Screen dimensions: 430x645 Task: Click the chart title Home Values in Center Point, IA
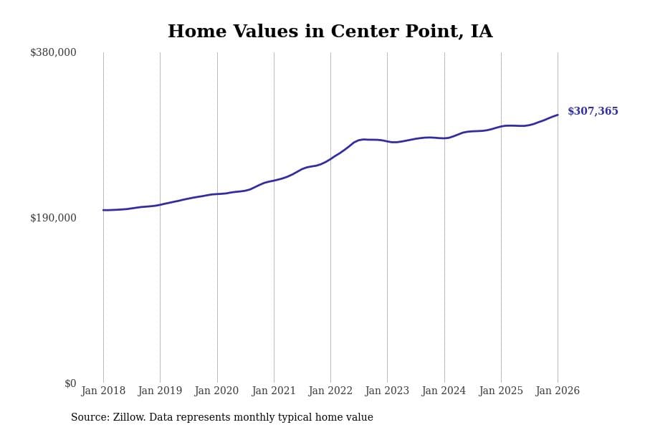330,32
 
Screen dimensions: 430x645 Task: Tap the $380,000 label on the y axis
53,52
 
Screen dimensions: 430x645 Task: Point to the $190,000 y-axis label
53,218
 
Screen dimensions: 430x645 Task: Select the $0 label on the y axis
70,383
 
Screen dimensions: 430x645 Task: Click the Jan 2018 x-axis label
103,391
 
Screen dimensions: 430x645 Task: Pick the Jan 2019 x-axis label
160,391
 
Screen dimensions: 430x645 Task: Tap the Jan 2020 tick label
216,391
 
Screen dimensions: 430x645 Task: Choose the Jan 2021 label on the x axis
274,391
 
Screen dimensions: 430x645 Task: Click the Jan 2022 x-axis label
330,391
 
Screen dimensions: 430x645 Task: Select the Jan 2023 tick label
387,391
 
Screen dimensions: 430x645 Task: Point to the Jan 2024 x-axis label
444,391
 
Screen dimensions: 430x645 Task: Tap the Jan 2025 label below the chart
501,391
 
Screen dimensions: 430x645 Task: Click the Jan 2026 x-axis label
558,391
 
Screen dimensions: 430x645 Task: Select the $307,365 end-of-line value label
593,112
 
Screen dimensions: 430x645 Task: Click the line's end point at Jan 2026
558,115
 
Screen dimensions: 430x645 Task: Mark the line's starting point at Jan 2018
103,210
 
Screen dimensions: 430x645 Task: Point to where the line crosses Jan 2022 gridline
330,158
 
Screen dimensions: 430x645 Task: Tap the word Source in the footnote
89,418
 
